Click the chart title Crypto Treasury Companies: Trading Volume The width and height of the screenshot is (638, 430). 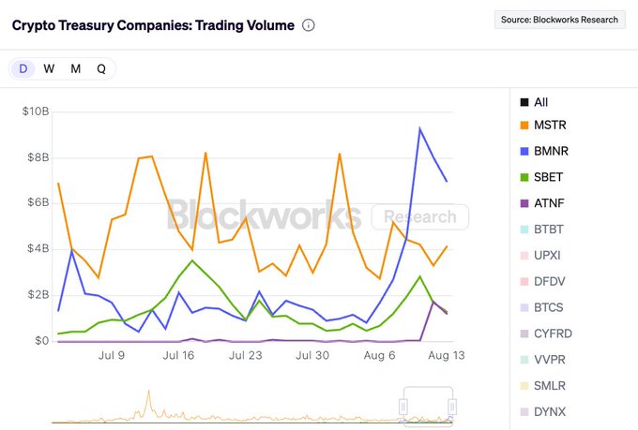pos(152,25)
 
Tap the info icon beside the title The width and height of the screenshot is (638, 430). pos(309,25)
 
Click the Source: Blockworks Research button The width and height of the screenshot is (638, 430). pos(559,19)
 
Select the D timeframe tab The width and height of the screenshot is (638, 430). pos(23,68)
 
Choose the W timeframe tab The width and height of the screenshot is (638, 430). pos(49,68)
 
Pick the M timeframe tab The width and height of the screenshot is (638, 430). pos(75,68)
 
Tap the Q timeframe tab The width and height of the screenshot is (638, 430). pos(100,68)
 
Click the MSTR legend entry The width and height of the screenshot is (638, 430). pos(549,125)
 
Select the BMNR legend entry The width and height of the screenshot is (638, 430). pos(549,151)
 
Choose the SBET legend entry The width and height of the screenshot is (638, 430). pos(549,177)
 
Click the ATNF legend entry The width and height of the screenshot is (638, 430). pos(549,202)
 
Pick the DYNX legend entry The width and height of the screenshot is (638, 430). pos(549,411)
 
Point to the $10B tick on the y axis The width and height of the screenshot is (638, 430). pos(35,111)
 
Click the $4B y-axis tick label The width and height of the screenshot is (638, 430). pos(37,248)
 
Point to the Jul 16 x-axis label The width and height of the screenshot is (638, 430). pos(178,355)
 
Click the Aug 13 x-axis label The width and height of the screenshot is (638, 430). pos(446,355)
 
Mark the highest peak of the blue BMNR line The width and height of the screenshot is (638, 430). pos(419,128)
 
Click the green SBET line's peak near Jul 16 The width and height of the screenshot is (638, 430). pos(191,260)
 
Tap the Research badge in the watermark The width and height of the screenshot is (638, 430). pos(419,217)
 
